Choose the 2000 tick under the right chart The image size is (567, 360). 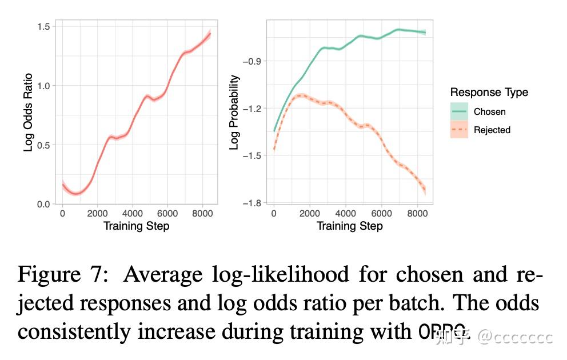pyautogui.click(x=310, y=214)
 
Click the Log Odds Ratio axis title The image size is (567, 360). pyautogui.click(x=29, y=114)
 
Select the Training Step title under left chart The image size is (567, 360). pyautogui.click(x=136, y=226)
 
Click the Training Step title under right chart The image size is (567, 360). pyautogui.click(x=350, y=226)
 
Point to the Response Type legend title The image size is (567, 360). pyautogui.click(x=489, y=93)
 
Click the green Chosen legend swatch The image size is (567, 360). pyautogui.click(x=459, y=111)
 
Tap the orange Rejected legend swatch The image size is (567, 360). pyautogui.click(x=459, y=130)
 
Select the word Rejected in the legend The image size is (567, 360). pyautogui.click(x=492, y=130)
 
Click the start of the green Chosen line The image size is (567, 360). pyautogui.click(x=274, y=131)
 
